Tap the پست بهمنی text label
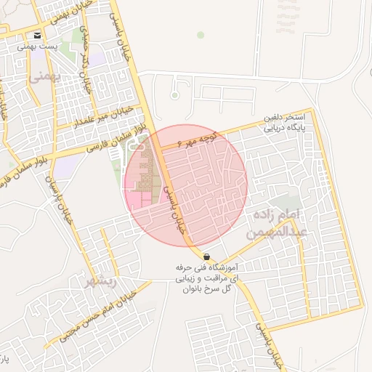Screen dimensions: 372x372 tap(38, 46)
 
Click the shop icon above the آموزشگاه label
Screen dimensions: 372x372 tap(207, 256)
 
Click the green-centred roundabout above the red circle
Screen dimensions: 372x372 tap(174, 95)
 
